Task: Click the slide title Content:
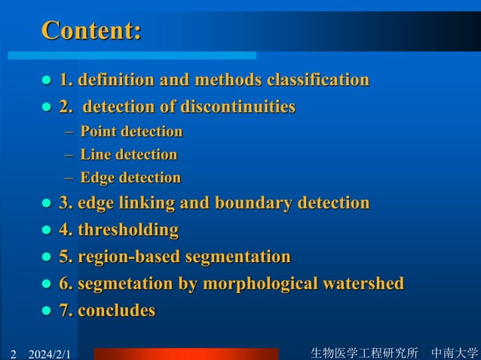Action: coord(90,31)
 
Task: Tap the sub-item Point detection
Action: coord(131,132)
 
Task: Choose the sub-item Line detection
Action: coord(128,155)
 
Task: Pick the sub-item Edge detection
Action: coord(130,178)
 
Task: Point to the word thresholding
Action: coord(127,230)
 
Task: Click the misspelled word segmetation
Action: coord(126,284)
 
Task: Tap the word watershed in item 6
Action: coord(364,284)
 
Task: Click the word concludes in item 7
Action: coord(117,310)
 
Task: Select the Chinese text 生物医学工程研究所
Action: coord(364,352)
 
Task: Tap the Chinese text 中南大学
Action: coord(455,352)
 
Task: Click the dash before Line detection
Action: coord(69,155)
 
